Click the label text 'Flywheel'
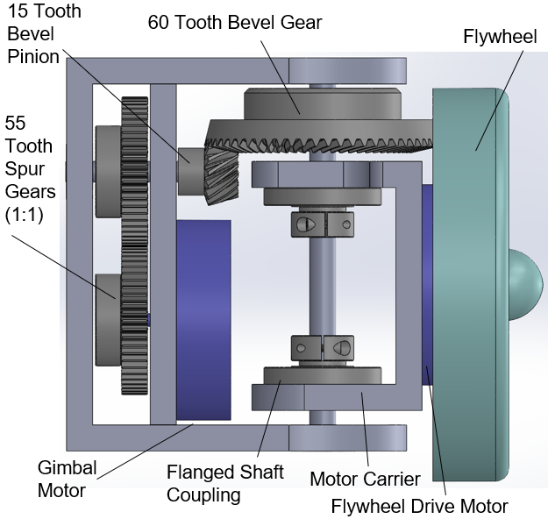click(495, 36)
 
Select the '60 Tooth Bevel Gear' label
click(234, 23)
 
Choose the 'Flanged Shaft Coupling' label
click(225, 483)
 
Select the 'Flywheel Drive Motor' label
click(419, 506)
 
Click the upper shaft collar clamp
click(322, 224)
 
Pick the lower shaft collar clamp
click(322, 347)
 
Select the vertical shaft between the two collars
click(322, 285)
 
